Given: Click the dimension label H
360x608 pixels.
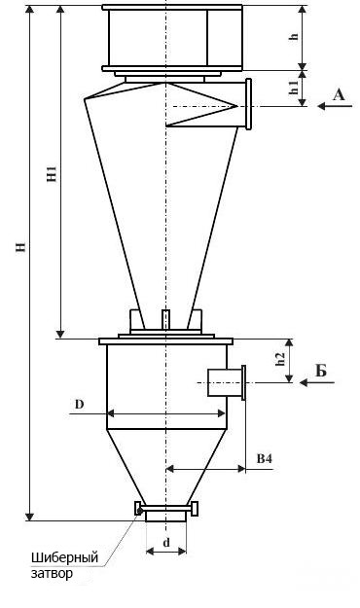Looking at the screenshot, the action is pos(21,247).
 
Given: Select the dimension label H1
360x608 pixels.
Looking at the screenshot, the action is pos(53,174).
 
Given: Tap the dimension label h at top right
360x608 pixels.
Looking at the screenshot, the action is pos(295,36).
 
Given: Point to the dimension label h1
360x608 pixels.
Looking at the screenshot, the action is pos(295,88).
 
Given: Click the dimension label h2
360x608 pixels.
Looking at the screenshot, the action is pos(281,359).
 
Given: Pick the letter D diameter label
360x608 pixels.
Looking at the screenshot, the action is pos(79,405).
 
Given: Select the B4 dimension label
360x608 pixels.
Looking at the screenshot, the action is pos(265,459).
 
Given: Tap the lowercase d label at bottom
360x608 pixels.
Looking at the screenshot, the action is pos(166,543).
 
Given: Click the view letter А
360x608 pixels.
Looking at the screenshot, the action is pos(339,94).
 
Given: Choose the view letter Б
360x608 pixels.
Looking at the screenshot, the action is pos(321,371).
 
